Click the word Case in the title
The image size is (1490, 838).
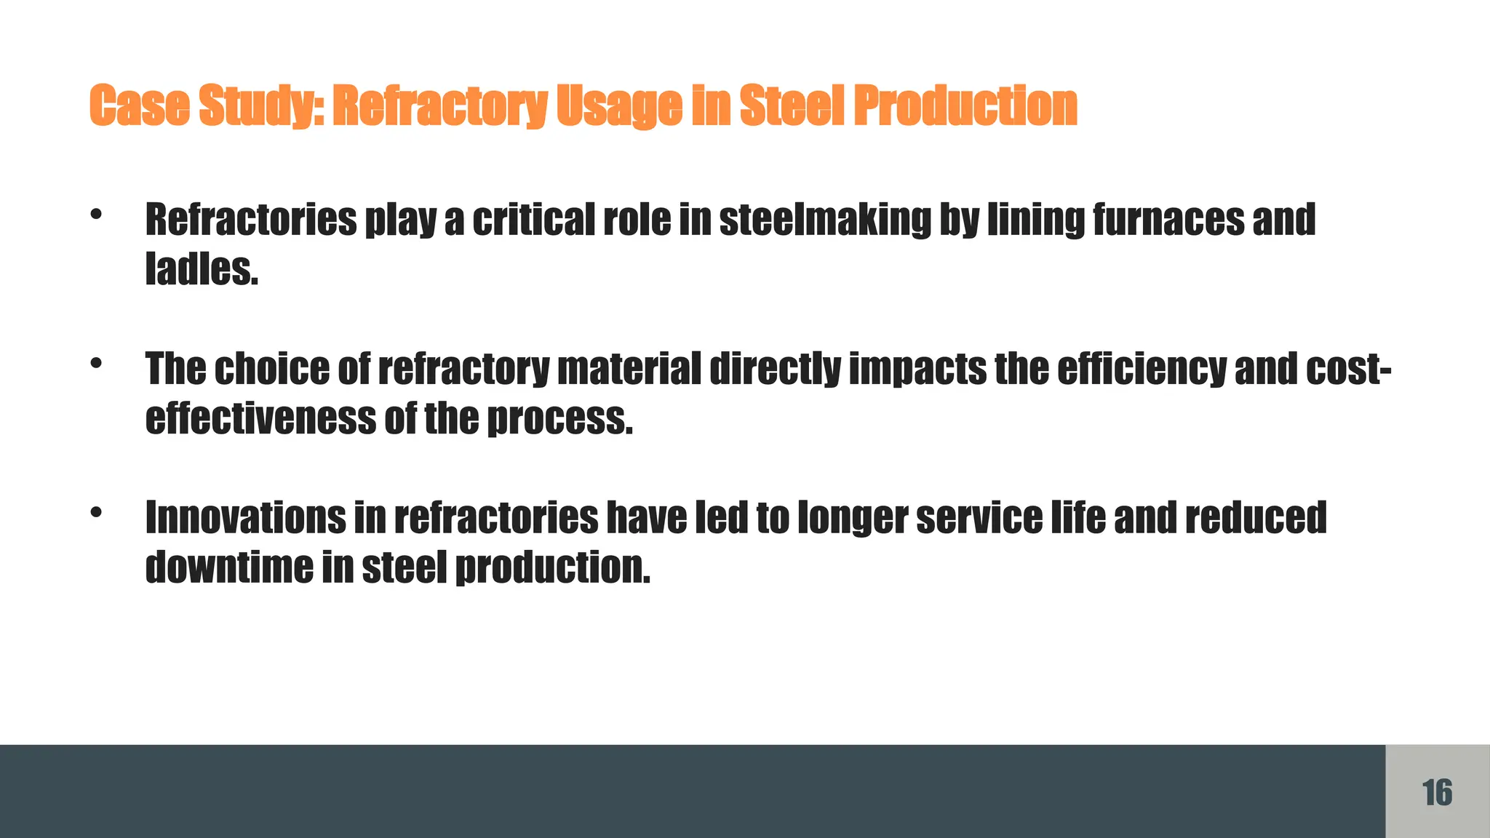pos(138,105)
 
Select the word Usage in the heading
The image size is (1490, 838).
pos(618,107)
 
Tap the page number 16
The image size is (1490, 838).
pos(1437,792)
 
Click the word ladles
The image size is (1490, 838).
pos(202,269)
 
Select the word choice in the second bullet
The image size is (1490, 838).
pos(271,369)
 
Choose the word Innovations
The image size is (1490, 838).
pos(246,517)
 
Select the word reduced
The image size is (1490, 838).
pos(1256,517)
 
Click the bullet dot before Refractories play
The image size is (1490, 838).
pos(96,214)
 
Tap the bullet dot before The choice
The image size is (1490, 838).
pos(96,363)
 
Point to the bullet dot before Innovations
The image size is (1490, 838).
pos(96,512)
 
